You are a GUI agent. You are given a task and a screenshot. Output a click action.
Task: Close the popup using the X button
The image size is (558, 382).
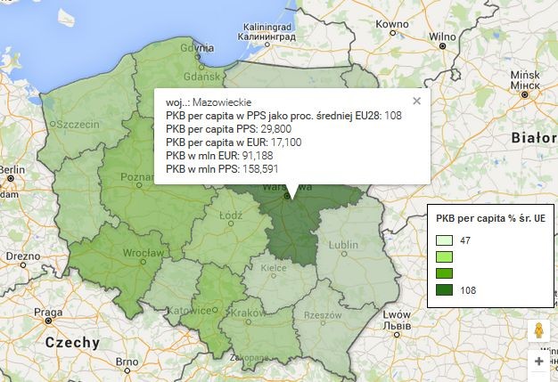416,102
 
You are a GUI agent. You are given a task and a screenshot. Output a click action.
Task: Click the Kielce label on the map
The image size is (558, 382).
271,266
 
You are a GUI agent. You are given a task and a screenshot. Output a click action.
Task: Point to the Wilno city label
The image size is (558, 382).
441,37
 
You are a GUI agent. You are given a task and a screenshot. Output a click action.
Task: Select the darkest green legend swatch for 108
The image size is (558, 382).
444,289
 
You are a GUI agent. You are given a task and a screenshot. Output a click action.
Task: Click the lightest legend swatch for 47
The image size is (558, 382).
444,240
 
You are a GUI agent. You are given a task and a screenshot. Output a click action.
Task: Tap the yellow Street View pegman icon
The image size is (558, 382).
538,330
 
